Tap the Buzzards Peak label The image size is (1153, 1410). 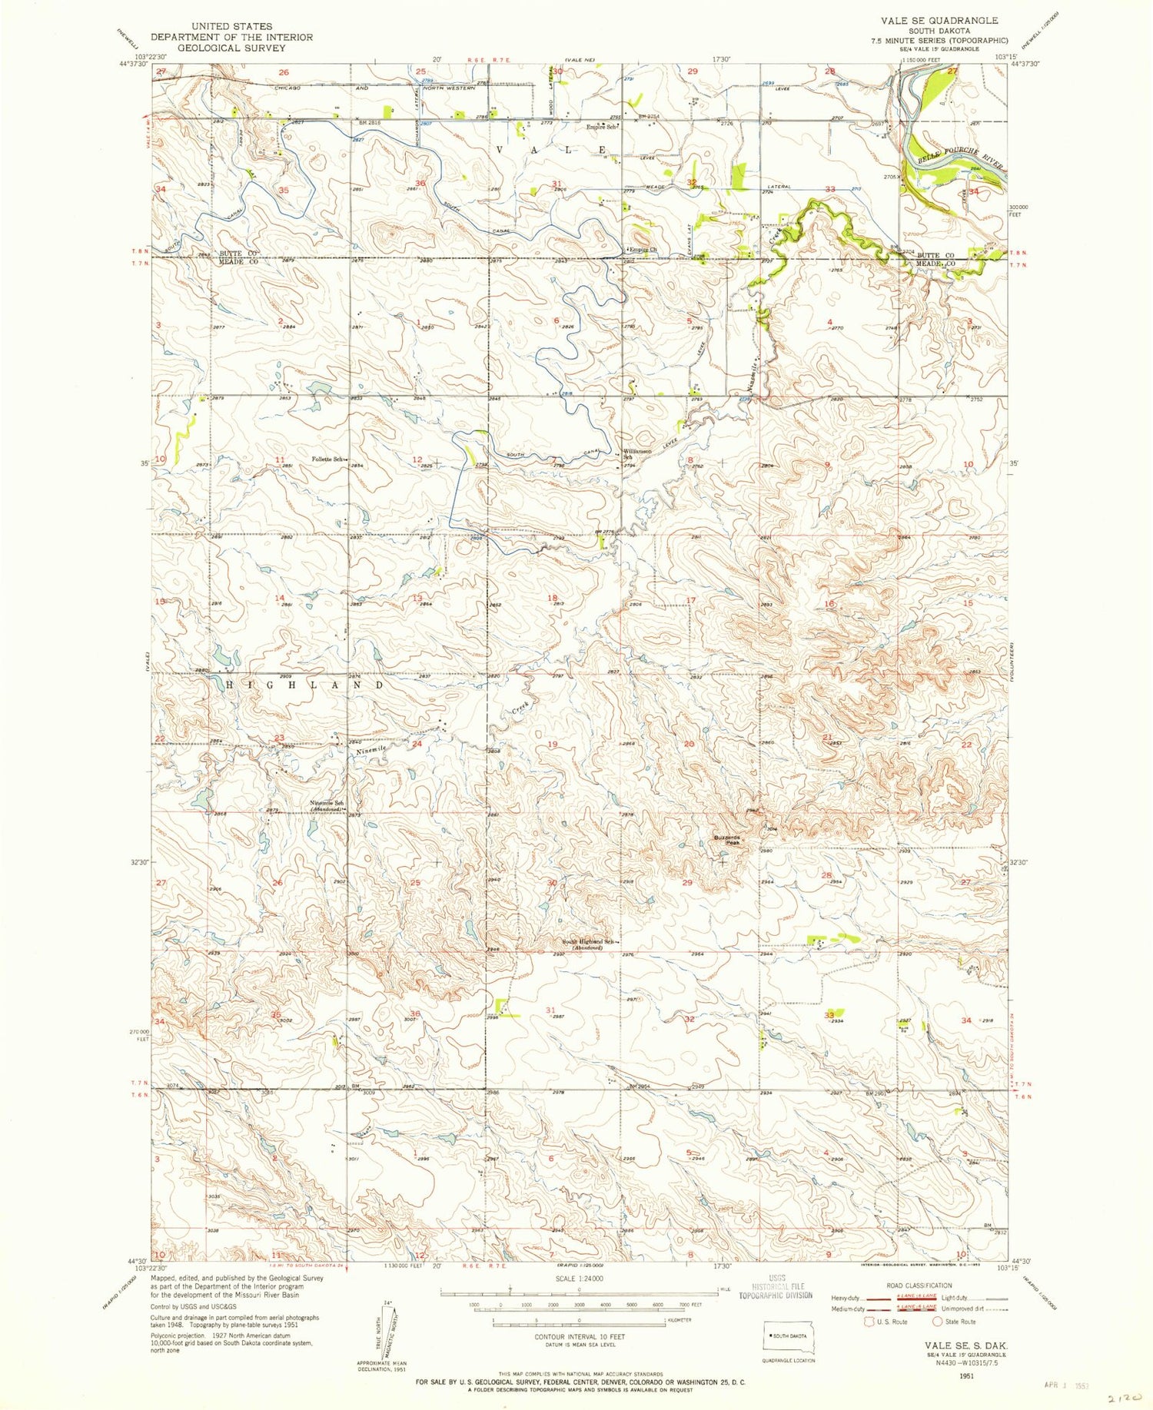click(726, 840)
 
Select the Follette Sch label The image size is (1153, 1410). click(326, 459)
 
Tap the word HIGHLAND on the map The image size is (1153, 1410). click(305, 685)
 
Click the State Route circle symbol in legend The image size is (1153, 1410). click(937, 1322)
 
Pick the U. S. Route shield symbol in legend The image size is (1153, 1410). click(869, 1322)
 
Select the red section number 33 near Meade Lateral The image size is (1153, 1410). click(830, 189)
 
